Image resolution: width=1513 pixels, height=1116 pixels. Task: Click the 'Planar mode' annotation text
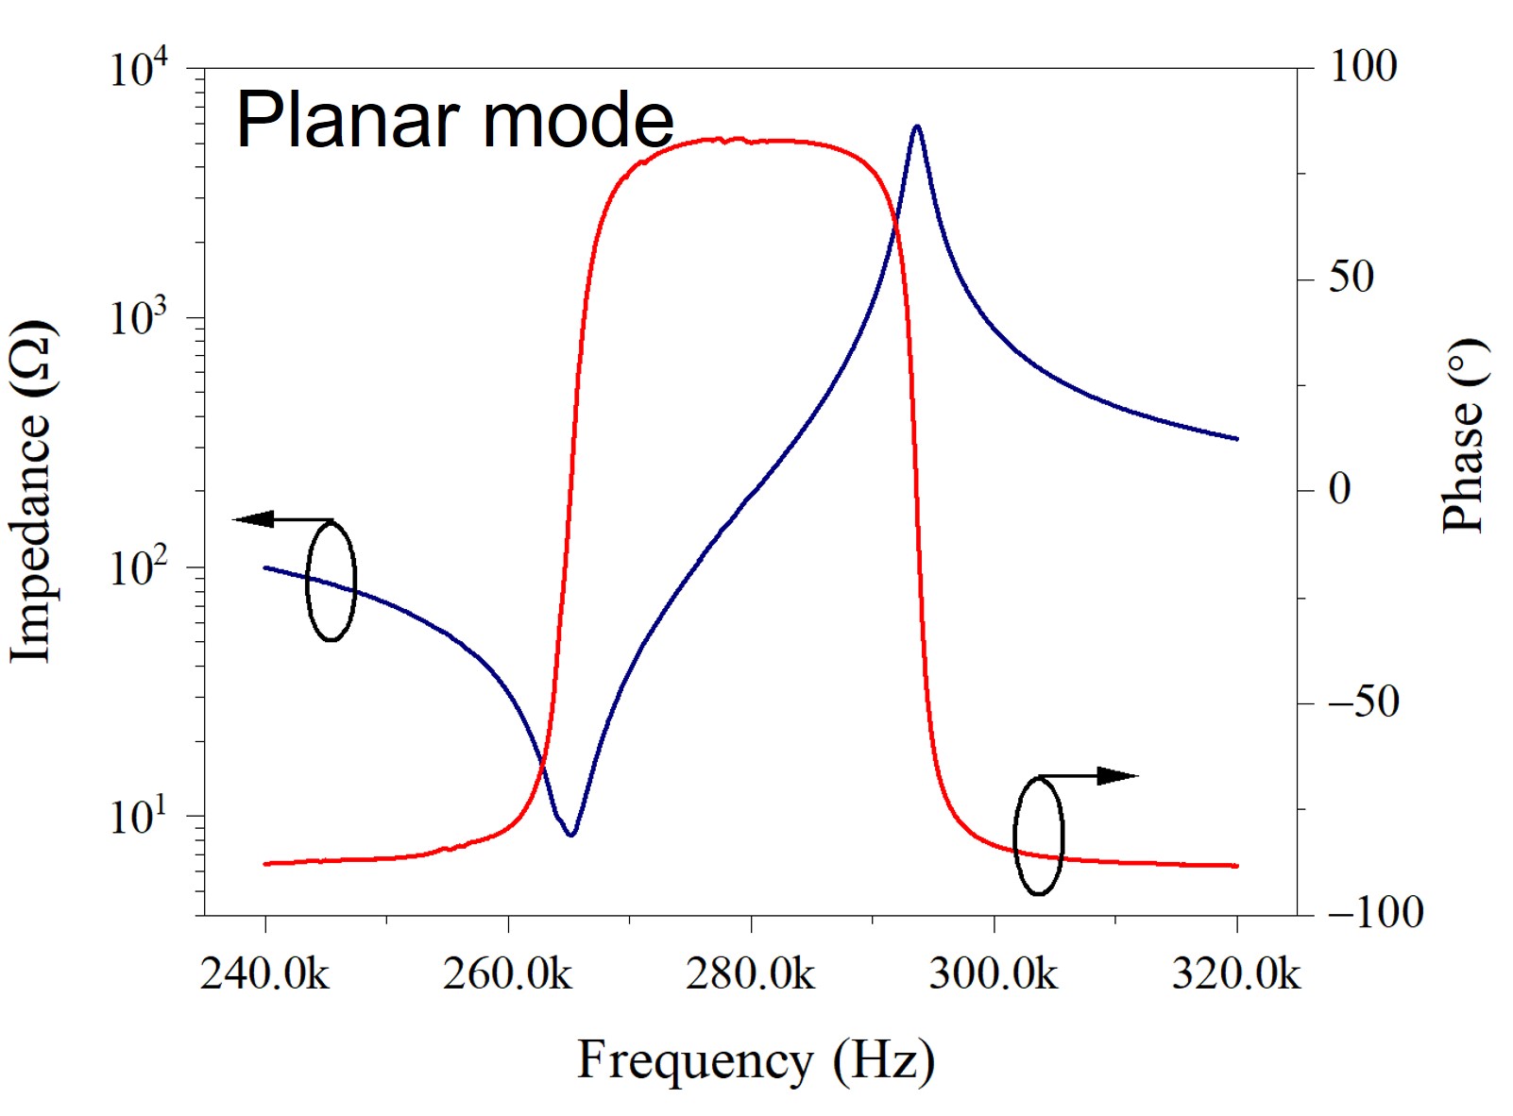[454, 121]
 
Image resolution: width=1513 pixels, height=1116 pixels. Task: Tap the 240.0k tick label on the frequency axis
[264, 973]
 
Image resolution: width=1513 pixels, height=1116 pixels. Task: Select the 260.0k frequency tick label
[507, 973]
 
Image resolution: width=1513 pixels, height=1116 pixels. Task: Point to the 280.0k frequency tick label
[750, 973]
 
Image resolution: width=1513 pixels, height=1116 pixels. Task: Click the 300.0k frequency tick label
[993, 973]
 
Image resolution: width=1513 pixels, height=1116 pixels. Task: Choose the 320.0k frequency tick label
[1236, 973]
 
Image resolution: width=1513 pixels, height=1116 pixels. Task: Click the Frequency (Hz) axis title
[756, 1060]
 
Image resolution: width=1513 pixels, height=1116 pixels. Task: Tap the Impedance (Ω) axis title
[31, 491]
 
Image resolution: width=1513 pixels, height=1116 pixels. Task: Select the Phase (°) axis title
[1463, 436]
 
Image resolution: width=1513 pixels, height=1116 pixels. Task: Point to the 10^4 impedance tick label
[138, 69]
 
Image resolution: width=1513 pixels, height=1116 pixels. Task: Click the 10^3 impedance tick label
[138, 318]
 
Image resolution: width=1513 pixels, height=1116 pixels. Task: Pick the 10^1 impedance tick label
[138, 817]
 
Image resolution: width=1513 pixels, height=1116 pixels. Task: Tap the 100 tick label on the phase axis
[1363, 67]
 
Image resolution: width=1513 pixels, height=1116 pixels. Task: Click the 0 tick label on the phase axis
[1339, 489]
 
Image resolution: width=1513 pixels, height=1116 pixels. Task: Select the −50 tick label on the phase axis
[1363, 702]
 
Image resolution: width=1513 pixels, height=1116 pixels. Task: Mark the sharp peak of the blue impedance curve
[916, 127]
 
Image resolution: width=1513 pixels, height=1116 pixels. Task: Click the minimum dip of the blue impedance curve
[570, 834]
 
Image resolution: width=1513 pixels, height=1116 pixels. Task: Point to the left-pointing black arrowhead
[253, 519]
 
